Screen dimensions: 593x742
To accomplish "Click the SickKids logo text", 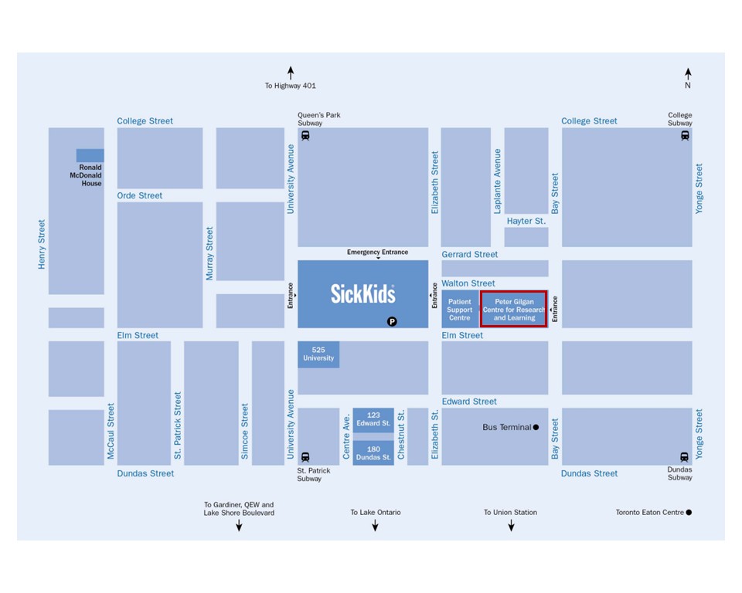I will pos(362,293).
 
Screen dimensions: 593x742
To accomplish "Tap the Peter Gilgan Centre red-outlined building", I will pos(515,310).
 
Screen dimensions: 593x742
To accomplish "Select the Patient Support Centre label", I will pos(460,310).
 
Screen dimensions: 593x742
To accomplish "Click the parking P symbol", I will pos(392,321).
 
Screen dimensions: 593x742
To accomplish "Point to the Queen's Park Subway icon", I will pos(305,136).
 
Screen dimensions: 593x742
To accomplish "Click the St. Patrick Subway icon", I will pos(305,456).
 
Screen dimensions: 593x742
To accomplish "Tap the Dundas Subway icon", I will pos(684,456).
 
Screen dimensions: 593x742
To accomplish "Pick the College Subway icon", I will pos(685,136).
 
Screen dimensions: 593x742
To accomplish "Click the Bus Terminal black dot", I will pos(536,427).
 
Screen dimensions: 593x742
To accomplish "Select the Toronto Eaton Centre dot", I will pos(689,512).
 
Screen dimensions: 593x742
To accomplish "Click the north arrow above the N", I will pos(688,73).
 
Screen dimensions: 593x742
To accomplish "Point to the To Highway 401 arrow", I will pos(291,73).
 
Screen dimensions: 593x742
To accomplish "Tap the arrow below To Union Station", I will pos(511,526).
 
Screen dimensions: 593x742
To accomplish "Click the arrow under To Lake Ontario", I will pos(376,526).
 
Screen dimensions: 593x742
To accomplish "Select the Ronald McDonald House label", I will pos(90,175).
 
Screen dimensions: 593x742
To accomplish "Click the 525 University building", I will pos(318,354).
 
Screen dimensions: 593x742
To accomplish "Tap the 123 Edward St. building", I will pos(373,419).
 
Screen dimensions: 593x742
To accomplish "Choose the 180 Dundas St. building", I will pos(373,452).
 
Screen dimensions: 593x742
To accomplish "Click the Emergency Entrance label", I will pos(377,252).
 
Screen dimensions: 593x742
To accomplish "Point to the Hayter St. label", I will pos(526,221).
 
